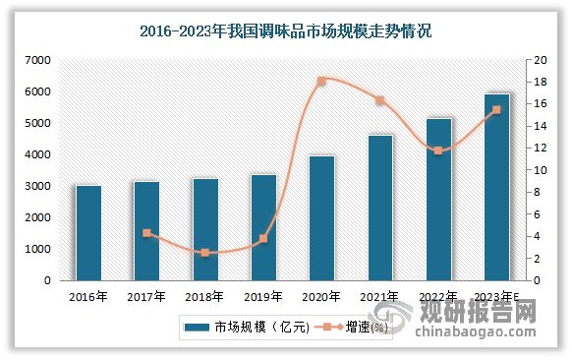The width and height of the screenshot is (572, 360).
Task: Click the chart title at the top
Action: pyautogui.click(x=286, y=31)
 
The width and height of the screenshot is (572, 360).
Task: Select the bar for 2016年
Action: pyautogui.click(x=88, y=233)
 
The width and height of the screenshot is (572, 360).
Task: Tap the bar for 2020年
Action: pyautogui.click(x=321, y=218)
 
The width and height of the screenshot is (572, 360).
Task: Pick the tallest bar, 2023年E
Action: pyautogui.click(x=497, y=187)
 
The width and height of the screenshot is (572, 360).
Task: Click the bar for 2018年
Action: pyautogui.click(x=204, y=229)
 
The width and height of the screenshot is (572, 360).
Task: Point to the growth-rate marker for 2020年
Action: pyautogui.click(x=321, y=81)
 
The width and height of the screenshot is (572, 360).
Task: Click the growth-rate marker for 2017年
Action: pyautogui.click(x=146, y=233)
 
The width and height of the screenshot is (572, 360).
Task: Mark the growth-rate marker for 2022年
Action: pyautogui.click(x=438, y=150)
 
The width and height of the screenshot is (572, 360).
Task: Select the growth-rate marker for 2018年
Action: pyautogui.click(x=204, y=253)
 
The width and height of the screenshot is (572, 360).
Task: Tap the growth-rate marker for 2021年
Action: pyautogui.click(x=380, y=100)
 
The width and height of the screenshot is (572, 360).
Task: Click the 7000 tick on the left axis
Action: pyautogui.click(x=36, y=60)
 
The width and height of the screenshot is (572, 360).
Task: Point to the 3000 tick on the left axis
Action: pyautogui.click(x=36, y=186)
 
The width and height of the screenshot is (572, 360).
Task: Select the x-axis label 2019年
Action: pyautogui.click(x=262, y=295)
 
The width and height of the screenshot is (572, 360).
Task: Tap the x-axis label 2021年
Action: pyautogui.click(x=380, y=295)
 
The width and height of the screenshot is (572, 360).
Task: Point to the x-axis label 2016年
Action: pyautogui.click(x=88, y=295)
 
